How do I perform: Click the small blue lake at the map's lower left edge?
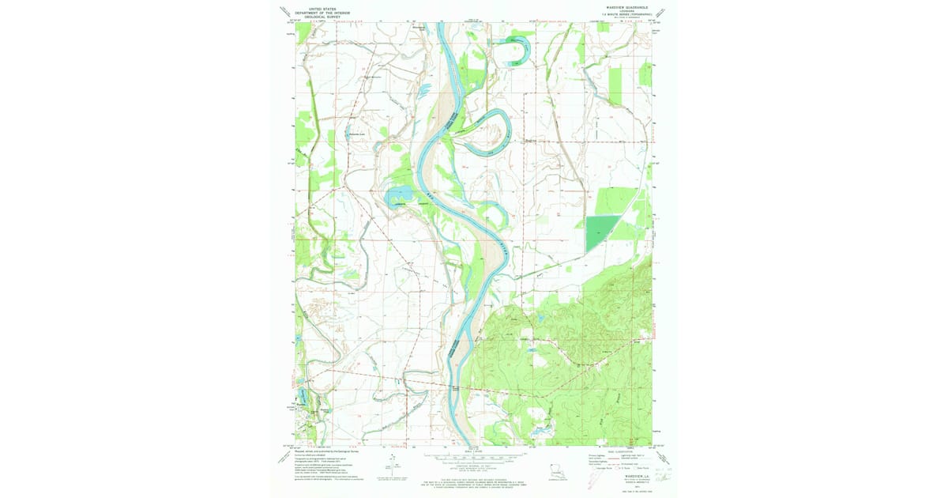click(300, 398)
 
